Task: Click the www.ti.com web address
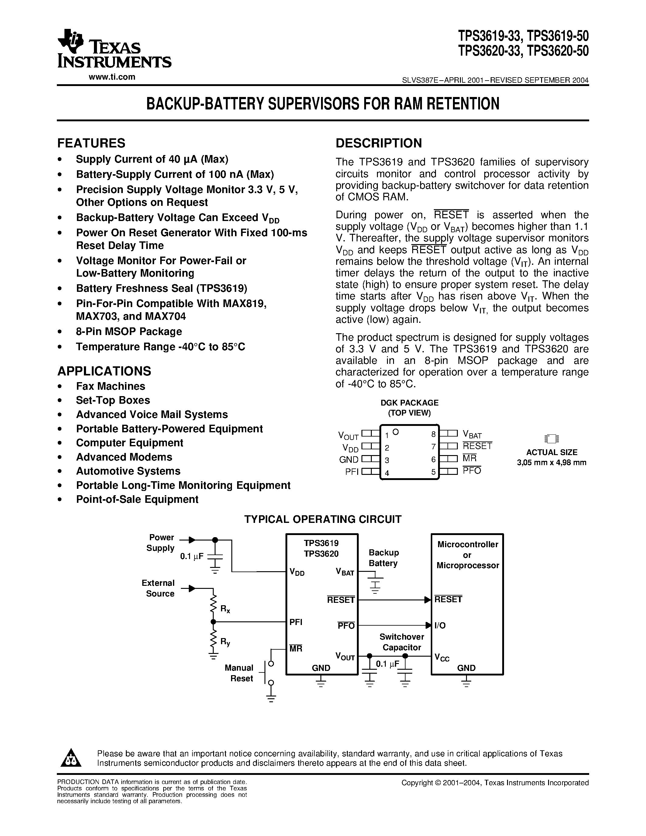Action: [x=112, y=77]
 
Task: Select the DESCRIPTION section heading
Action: [x=378, y=143]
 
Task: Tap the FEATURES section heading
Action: [x=91, y=143]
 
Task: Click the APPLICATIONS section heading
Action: [x=104, y=371]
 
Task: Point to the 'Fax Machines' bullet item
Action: [x=110, y=386]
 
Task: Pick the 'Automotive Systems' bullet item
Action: [x=128, y=471]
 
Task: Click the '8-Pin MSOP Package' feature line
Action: [x=129, y=331]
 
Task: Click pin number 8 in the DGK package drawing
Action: [x=433, y=434]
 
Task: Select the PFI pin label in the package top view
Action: [x=352, y=472]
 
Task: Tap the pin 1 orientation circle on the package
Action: [x=396, y=432]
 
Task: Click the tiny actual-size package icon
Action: [x=551, y=439]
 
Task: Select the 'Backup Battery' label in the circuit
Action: [x=383, y=558]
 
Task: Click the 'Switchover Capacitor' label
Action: [x=402, y=642]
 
